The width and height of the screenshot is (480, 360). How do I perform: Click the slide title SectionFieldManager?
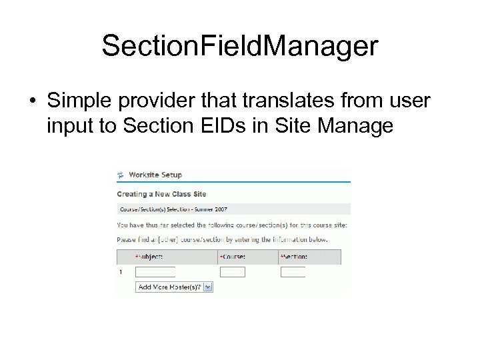[240, 47]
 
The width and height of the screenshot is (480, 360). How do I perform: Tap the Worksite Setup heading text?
[155, 175]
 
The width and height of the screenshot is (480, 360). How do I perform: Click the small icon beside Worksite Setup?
[121, 175]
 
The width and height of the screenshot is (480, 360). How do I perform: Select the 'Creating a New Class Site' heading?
[161, 194]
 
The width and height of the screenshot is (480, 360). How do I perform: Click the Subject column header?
[149, 256]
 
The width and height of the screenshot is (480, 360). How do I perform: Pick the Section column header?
[294, 256]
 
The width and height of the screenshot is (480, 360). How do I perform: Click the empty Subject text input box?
[155, 272]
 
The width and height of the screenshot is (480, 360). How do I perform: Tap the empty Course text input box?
[232, 272]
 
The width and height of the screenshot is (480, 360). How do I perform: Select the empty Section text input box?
[293, 272]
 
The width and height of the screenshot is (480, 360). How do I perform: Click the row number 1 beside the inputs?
[120, 272]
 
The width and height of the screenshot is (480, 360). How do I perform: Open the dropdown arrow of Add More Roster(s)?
[207, 287]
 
